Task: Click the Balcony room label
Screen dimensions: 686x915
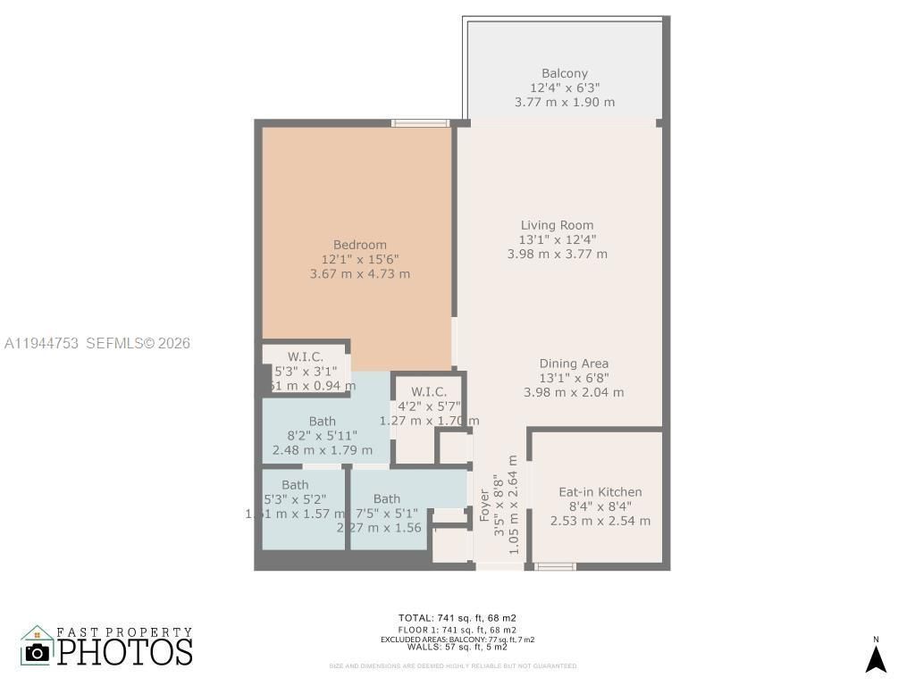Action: click(x=565, y=73)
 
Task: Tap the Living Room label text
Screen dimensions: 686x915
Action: click(x=557, y=225)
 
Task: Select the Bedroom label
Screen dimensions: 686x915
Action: click(x=359, y=245)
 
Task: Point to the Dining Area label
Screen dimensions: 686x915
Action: click(x=574, y=364)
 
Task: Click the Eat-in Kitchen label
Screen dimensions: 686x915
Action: click(x=600, y=492)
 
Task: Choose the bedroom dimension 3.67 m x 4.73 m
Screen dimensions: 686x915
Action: click(x=359, y=274)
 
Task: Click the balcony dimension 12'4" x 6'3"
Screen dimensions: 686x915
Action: click(x=565, y=88)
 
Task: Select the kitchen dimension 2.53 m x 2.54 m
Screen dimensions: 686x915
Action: click(x=600, y=521)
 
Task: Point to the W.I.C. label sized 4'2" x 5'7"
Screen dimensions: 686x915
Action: click(x=429, y=391)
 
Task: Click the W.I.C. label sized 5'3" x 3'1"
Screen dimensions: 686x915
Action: click(x=306, y=357)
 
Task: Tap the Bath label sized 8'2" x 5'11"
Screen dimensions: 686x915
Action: click(x=323, y=422)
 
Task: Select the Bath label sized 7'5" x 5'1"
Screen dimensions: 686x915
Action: click(x=387, y=498)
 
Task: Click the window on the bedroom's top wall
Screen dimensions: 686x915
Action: click(x=420, y=123)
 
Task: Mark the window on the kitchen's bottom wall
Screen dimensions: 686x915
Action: click(x=555, y=566)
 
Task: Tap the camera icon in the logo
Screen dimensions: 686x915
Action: click(x=38, y=651)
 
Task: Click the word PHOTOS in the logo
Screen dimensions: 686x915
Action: click(x=125, y=652)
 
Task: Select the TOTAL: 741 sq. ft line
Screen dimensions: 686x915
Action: click(x=457, y=617)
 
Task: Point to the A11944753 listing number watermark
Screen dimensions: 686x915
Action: click(x=42, y=343)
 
